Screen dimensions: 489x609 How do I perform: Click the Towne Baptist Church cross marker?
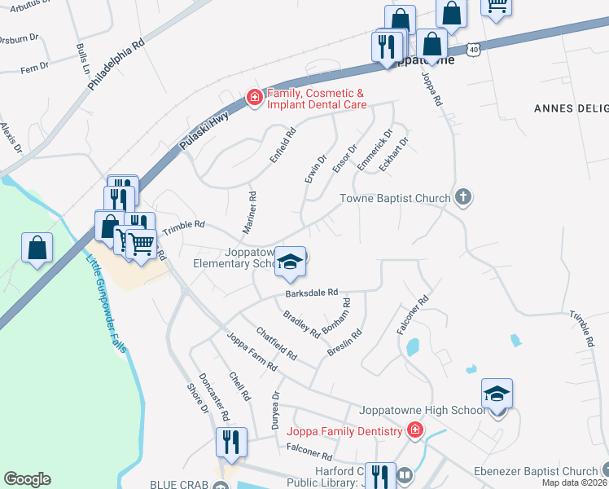463,196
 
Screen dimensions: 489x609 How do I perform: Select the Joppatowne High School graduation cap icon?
497,394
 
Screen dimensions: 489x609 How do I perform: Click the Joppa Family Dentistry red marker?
415,430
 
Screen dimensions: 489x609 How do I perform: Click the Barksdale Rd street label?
311,293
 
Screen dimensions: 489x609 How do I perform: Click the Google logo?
27,479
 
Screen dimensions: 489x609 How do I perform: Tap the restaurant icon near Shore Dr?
231,442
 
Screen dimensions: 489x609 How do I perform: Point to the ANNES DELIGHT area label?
570,108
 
